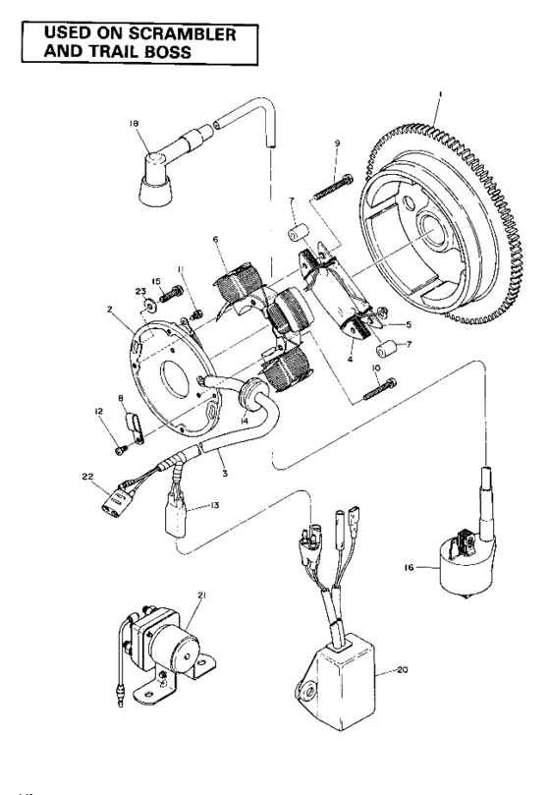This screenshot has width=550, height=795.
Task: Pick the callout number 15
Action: tap(155, 281)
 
